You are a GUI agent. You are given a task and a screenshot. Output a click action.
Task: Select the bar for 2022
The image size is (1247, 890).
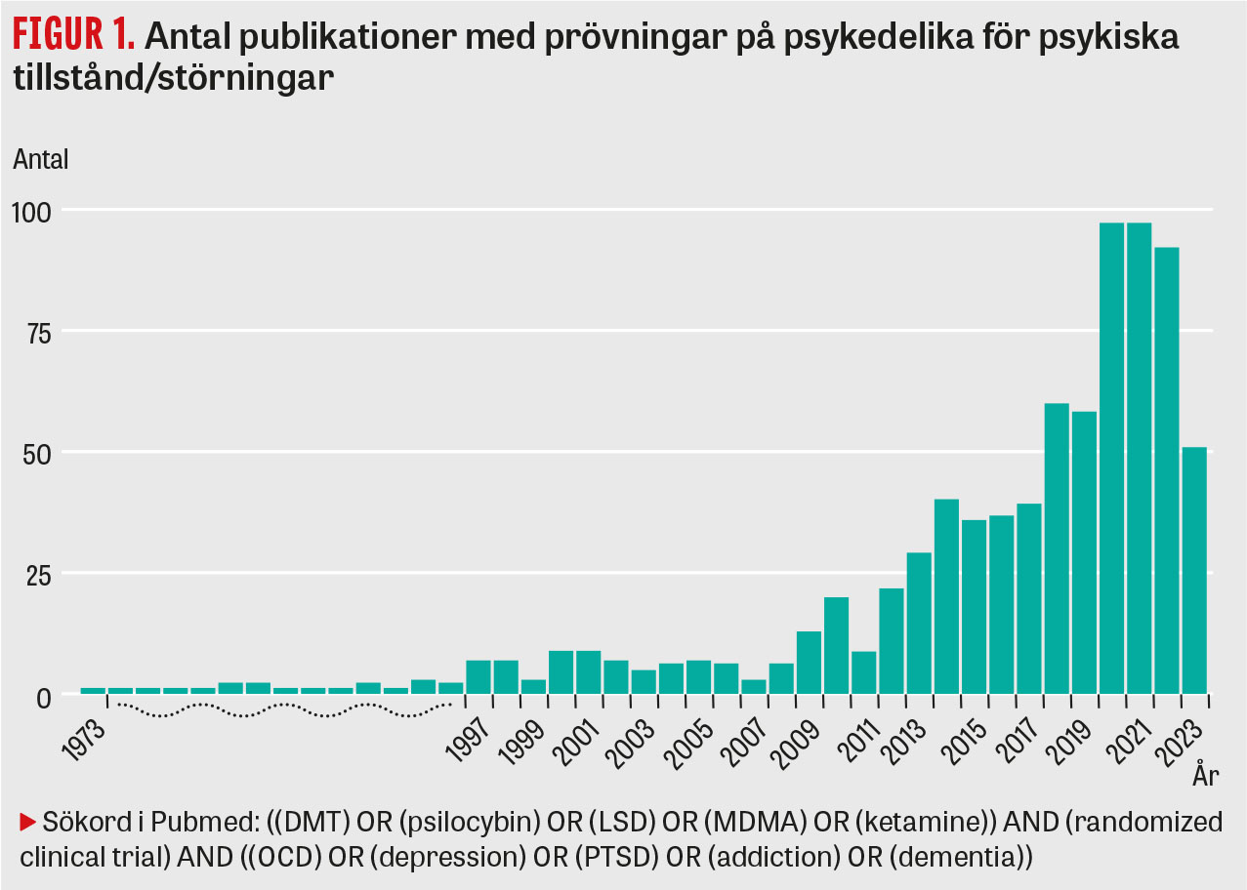(1167, 469)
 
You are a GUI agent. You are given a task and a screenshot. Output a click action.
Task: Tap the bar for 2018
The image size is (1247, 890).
(1057, 547)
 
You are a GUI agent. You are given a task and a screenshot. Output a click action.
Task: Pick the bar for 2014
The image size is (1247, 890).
(946, 596)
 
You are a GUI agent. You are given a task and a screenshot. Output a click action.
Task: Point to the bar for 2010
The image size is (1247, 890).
(836, 645)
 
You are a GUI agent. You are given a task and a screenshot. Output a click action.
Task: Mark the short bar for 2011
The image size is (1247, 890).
(863, 672)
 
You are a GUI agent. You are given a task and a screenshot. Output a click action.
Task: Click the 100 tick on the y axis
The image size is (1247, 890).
(32, 210)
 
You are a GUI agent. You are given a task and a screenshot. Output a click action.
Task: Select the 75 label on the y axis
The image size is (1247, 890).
(37, 331)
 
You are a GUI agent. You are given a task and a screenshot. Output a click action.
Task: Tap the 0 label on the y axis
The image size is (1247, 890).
(44, 695)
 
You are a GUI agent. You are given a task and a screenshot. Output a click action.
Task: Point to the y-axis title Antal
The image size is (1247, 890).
(41, 160)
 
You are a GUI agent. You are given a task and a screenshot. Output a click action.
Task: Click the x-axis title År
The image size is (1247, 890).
(1205, 777)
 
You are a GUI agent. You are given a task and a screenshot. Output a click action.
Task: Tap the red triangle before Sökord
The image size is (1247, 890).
(27, 823)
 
